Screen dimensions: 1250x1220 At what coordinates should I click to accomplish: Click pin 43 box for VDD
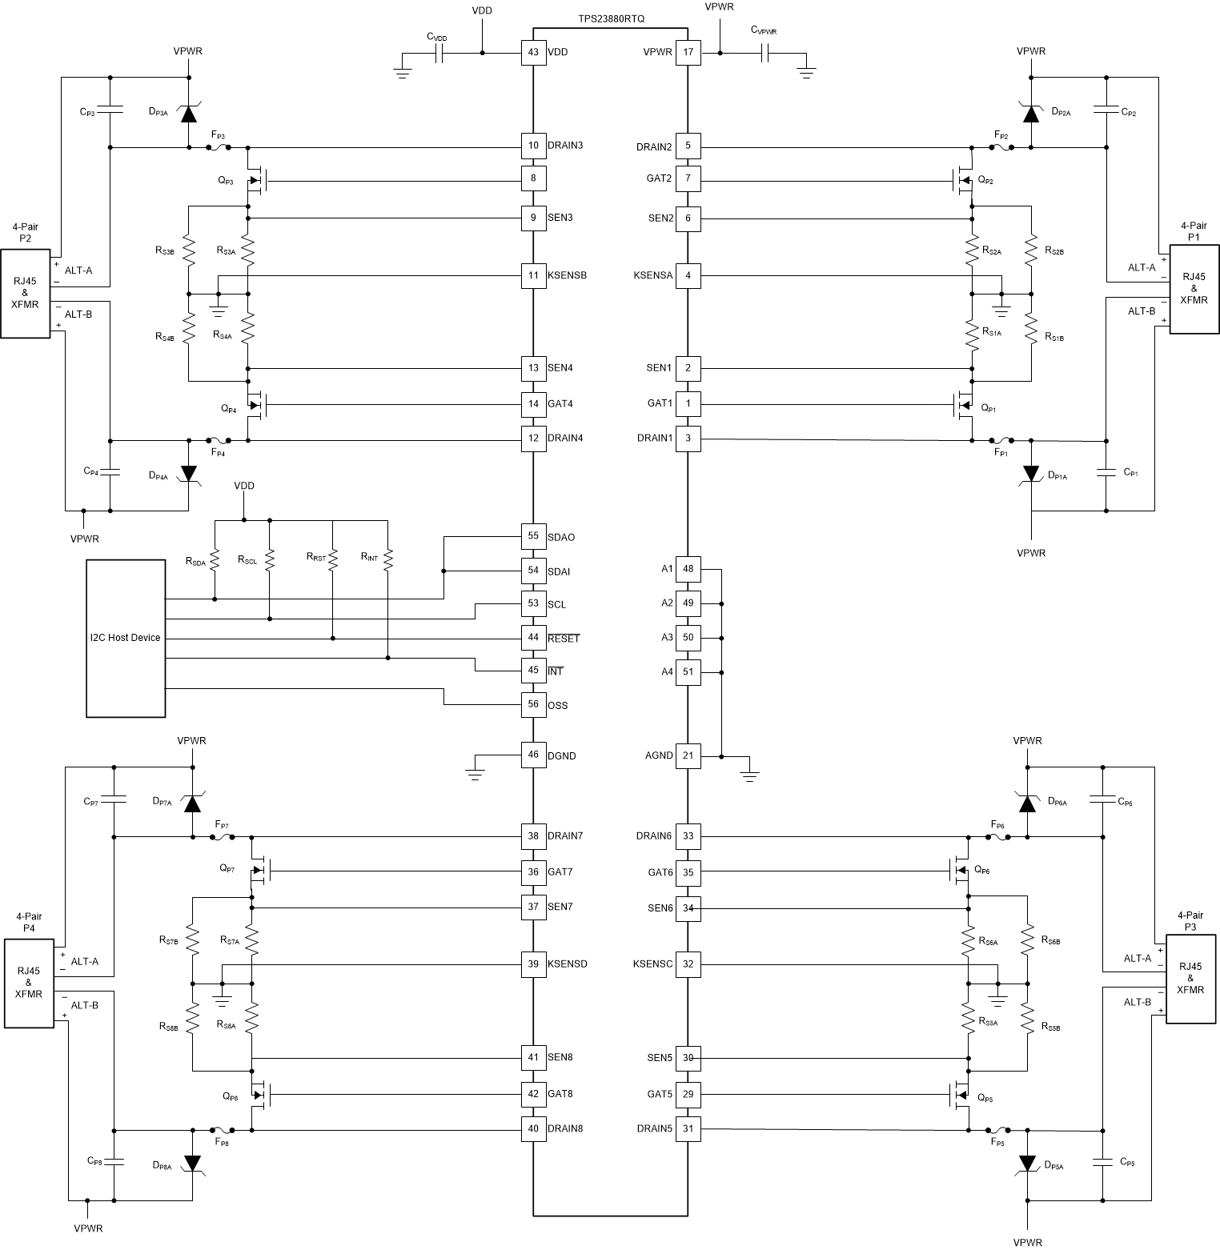[533, 53]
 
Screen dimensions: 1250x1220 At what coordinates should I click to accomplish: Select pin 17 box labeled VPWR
[688, 53]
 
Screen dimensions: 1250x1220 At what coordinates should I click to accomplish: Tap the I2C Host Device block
[126, 638]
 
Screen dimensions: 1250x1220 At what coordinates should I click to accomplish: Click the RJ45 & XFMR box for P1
[1194, 289]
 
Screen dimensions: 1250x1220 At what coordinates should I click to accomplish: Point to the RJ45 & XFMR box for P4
[29, 983]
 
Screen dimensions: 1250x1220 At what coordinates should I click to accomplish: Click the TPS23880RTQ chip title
[611, 18]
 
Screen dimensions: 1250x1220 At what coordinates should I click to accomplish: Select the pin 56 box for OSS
[533, 704]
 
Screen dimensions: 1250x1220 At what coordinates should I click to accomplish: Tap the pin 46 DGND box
[533, 755]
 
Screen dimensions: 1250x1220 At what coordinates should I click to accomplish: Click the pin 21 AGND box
[688, 755]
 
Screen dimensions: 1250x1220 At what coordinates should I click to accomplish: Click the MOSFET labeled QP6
[959, 870]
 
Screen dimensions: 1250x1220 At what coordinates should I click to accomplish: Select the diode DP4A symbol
[188, 474]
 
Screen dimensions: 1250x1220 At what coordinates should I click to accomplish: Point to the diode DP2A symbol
[1032, 113]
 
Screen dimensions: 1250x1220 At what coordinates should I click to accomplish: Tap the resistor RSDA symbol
[215, 558]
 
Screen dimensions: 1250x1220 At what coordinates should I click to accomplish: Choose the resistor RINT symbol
[387, 558]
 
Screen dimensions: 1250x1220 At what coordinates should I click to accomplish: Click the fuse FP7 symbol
[223, 837]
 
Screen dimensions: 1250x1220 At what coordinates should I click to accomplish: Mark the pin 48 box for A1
[688, 569]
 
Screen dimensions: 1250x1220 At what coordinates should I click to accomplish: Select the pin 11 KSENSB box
[533, 275]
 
